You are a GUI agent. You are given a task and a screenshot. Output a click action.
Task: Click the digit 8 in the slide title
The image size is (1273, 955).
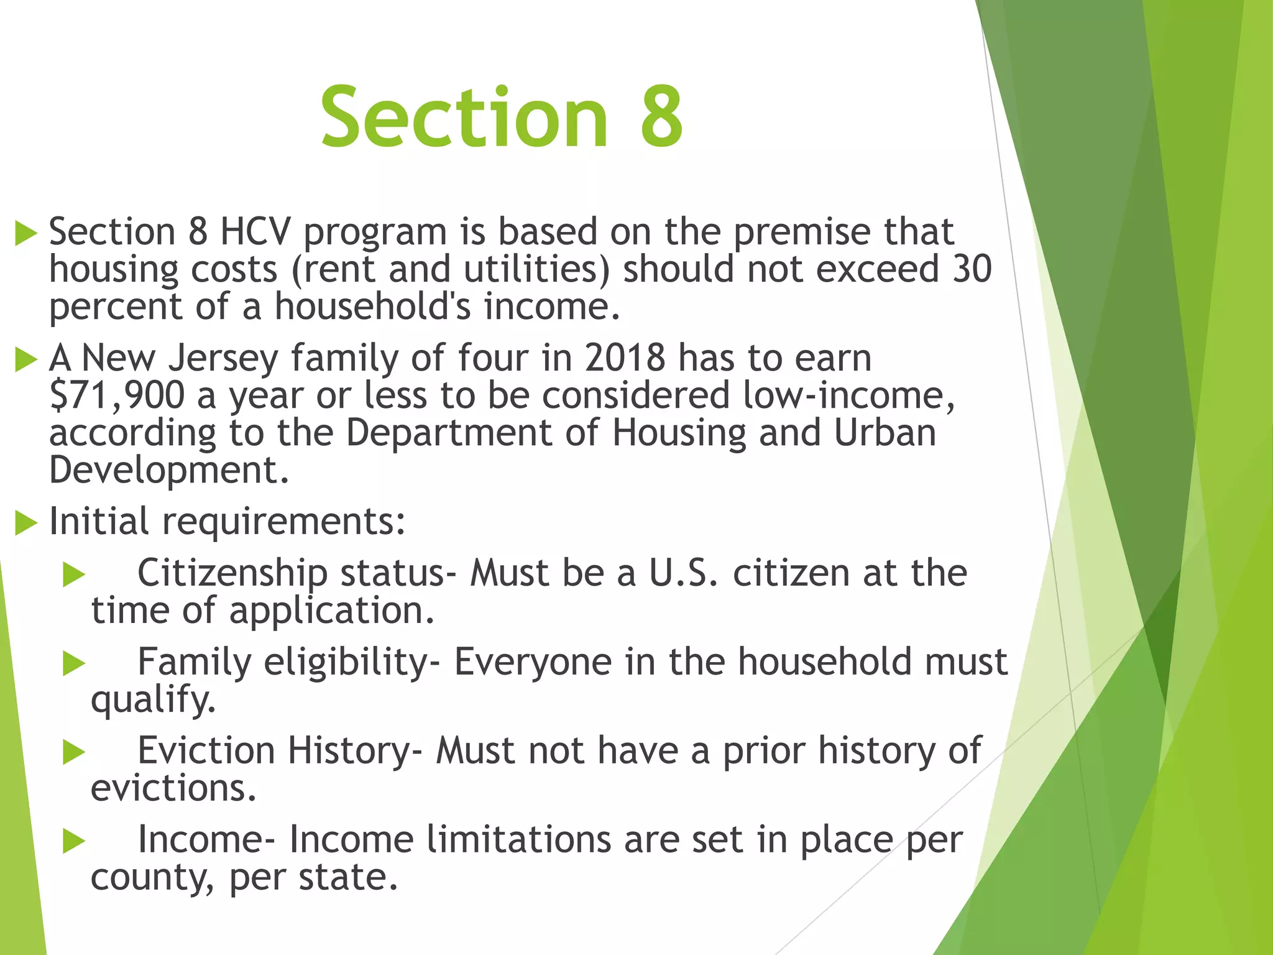[x=661, y=118]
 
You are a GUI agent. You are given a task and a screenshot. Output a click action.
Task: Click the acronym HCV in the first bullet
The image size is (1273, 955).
[x=255, y=232]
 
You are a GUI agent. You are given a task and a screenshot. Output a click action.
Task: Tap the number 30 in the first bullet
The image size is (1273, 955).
[x=971, y=269]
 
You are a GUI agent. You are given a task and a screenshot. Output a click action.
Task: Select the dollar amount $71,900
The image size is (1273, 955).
[x=117, y=395]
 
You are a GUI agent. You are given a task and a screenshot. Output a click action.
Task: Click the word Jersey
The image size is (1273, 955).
[x=223, y=359]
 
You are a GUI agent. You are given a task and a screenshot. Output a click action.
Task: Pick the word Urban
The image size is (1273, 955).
[x=885, y=433]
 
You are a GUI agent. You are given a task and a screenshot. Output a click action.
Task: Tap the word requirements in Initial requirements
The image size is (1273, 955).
[x=283, y=521]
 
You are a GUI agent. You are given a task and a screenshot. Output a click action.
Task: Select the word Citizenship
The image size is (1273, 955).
[x=232, y=573]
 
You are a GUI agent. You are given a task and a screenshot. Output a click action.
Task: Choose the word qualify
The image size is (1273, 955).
[x=153, y=701]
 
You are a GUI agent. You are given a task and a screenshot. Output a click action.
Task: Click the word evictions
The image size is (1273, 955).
[x=173, y=788]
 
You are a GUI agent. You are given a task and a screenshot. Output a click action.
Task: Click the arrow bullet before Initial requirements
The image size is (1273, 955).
[x=25, y=522]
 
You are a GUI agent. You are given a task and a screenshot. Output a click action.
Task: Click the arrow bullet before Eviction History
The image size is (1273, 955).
[x=73, y=752]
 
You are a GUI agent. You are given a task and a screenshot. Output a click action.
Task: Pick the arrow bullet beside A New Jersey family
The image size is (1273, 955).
[x=25, y=359]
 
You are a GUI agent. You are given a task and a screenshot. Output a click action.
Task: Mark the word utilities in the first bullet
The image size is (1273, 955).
[x=537, y=269]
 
